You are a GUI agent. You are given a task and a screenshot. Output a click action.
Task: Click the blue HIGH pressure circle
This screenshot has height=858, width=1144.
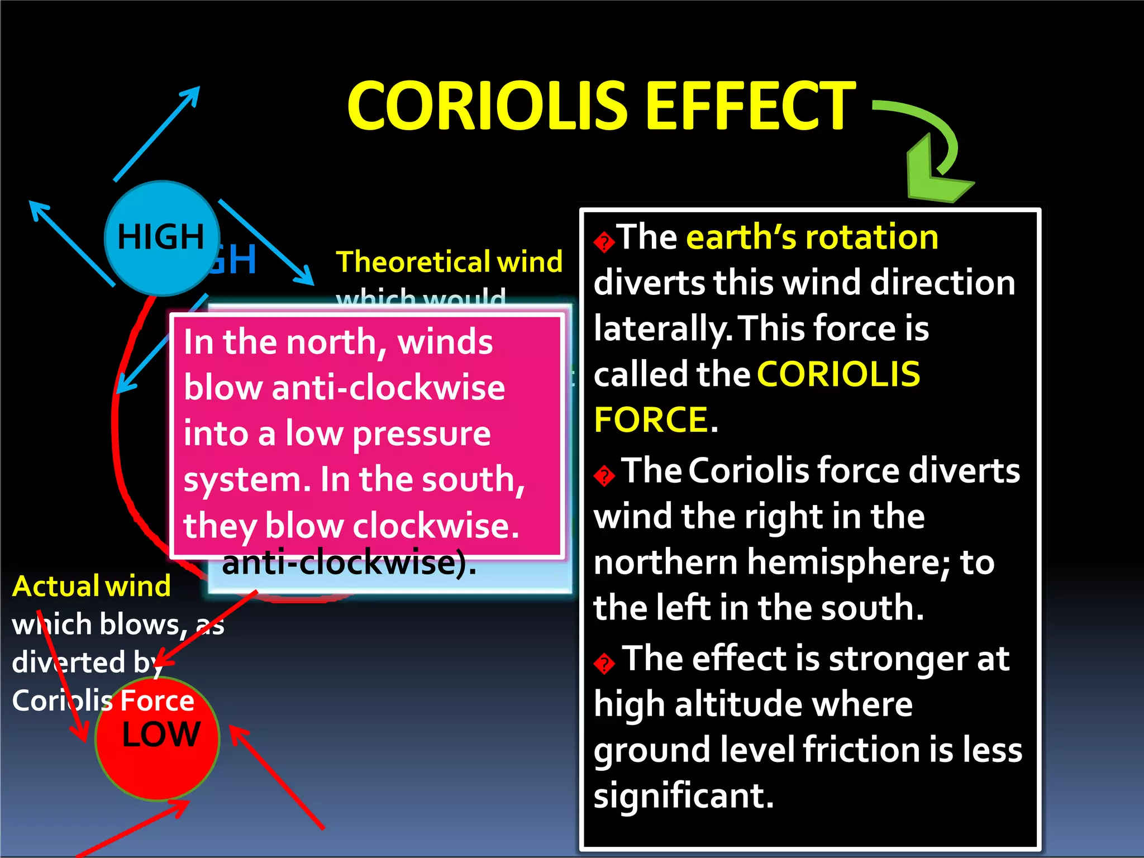tap(161, 238)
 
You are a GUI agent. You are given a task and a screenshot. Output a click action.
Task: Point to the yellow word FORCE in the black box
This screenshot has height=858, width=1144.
tap(651, 420)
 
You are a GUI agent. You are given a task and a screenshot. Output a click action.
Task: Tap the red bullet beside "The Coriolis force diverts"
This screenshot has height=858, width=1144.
tap(604, 476)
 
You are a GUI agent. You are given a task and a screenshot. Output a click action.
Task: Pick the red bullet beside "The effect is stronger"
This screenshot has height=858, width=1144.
tap(604, 664)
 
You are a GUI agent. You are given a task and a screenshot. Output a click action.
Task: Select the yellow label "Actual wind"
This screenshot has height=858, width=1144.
tap(92, 586)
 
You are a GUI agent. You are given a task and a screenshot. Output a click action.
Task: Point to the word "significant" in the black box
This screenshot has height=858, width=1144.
tap(683, 795)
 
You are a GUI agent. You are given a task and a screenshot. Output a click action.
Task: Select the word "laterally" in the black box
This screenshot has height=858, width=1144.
tap(662, 328)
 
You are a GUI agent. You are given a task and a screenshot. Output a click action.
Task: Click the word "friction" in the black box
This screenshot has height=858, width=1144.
tap(859, 750)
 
